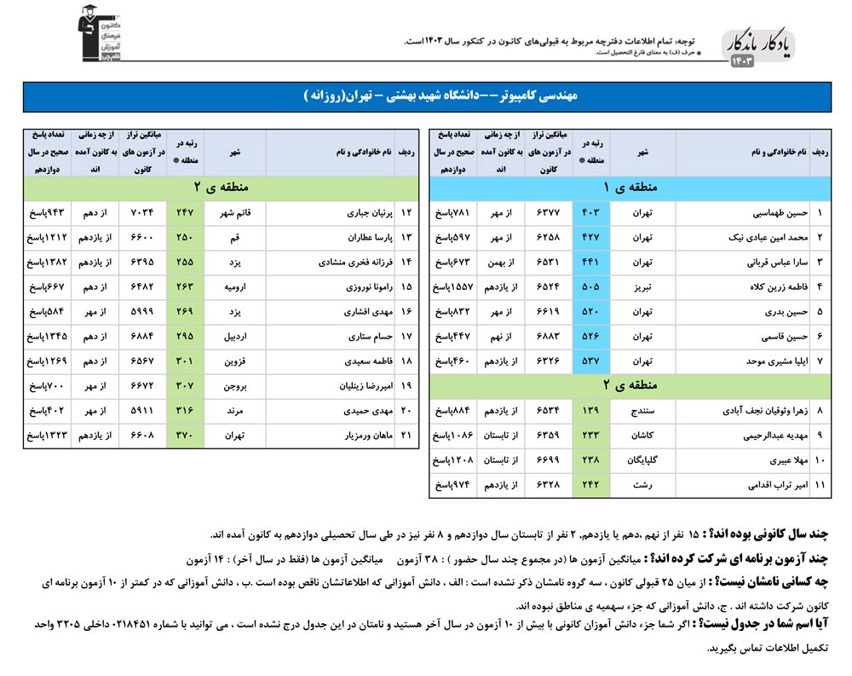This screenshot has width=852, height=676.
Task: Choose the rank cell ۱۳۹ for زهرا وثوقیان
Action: coord(590,412)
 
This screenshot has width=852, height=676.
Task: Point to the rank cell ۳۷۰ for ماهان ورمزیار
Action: coord(185,436)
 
